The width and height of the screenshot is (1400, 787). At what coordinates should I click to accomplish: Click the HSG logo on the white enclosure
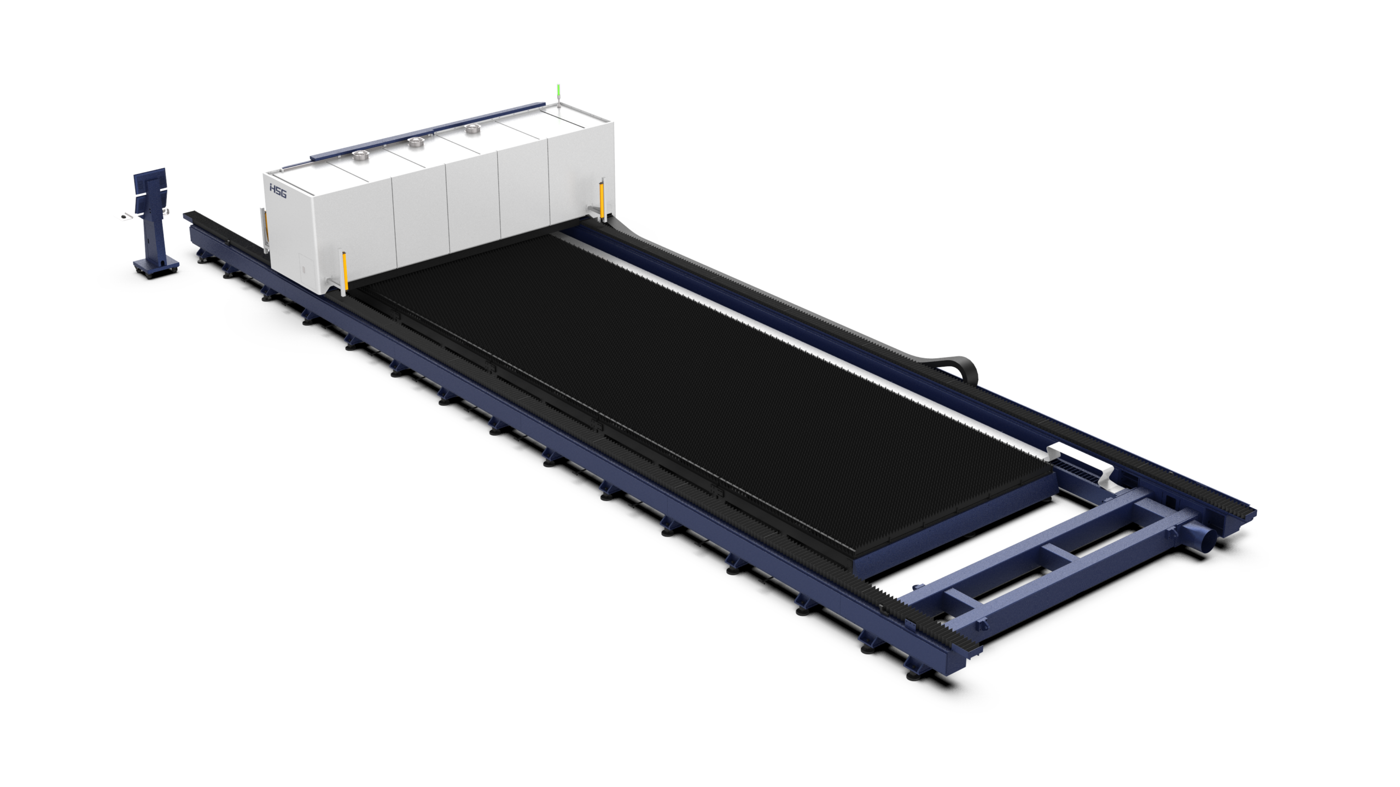point(278,191)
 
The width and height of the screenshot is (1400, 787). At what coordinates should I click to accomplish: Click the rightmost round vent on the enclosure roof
point(471,129)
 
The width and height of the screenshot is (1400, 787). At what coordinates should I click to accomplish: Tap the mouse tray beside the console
point(125,217)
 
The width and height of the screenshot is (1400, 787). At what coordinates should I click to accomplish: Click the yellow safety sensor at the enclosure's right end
point(603,200)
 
